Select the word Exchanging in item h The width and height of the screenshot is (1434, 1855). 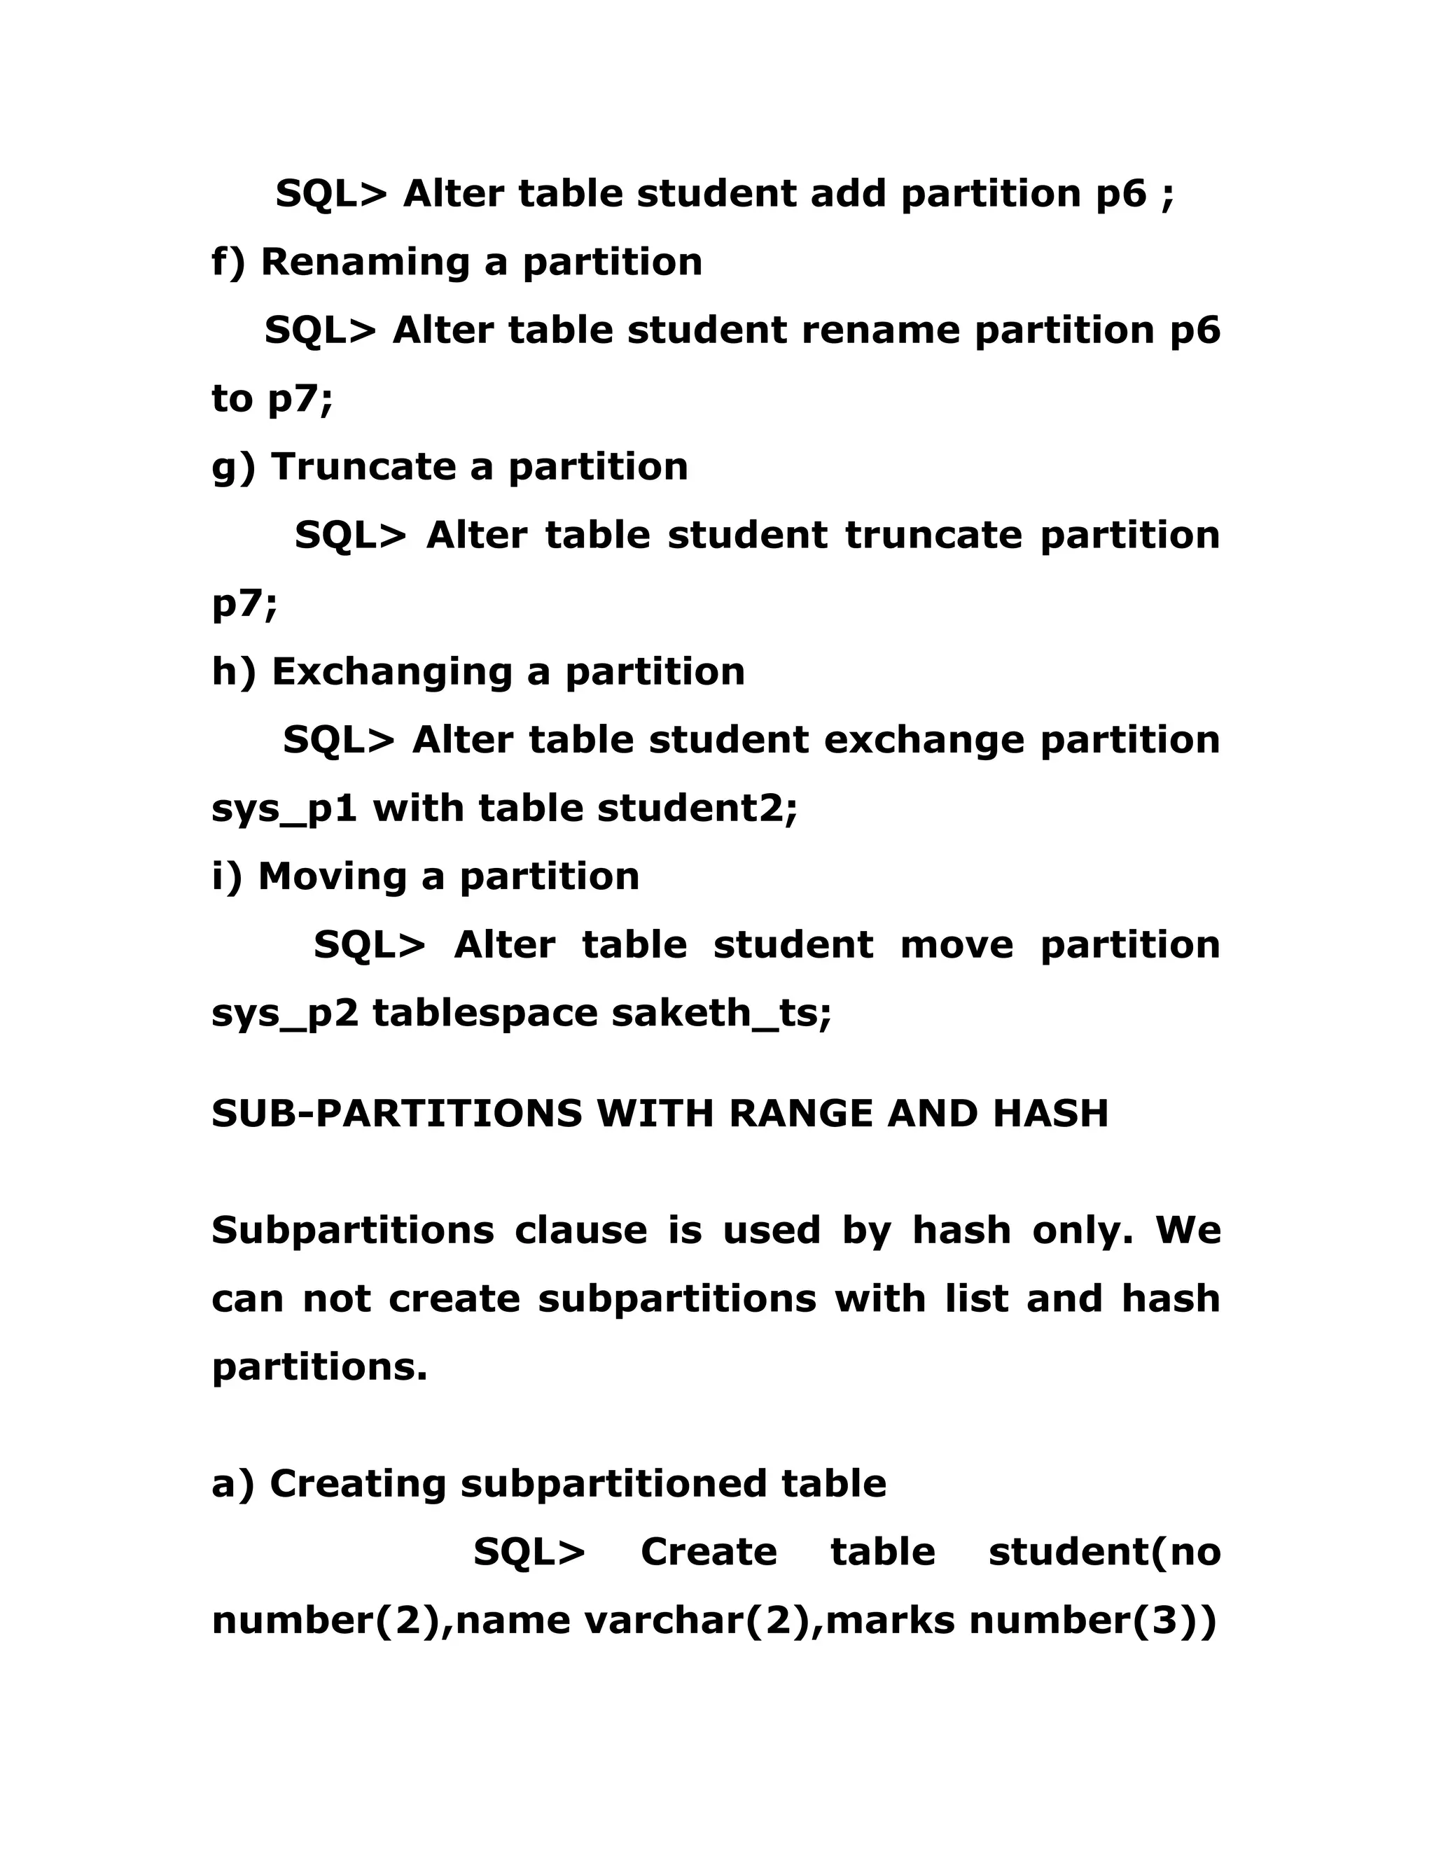point(391,672)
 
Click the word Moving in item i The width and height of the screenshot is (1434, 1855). point(331,876)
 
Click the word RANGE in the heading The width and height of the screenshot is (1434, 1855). point(800,1114)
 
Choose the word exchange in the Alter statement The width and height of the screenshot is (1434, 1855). point(924,741)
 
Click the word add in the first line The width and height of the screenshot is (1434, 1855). point(848,195)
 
